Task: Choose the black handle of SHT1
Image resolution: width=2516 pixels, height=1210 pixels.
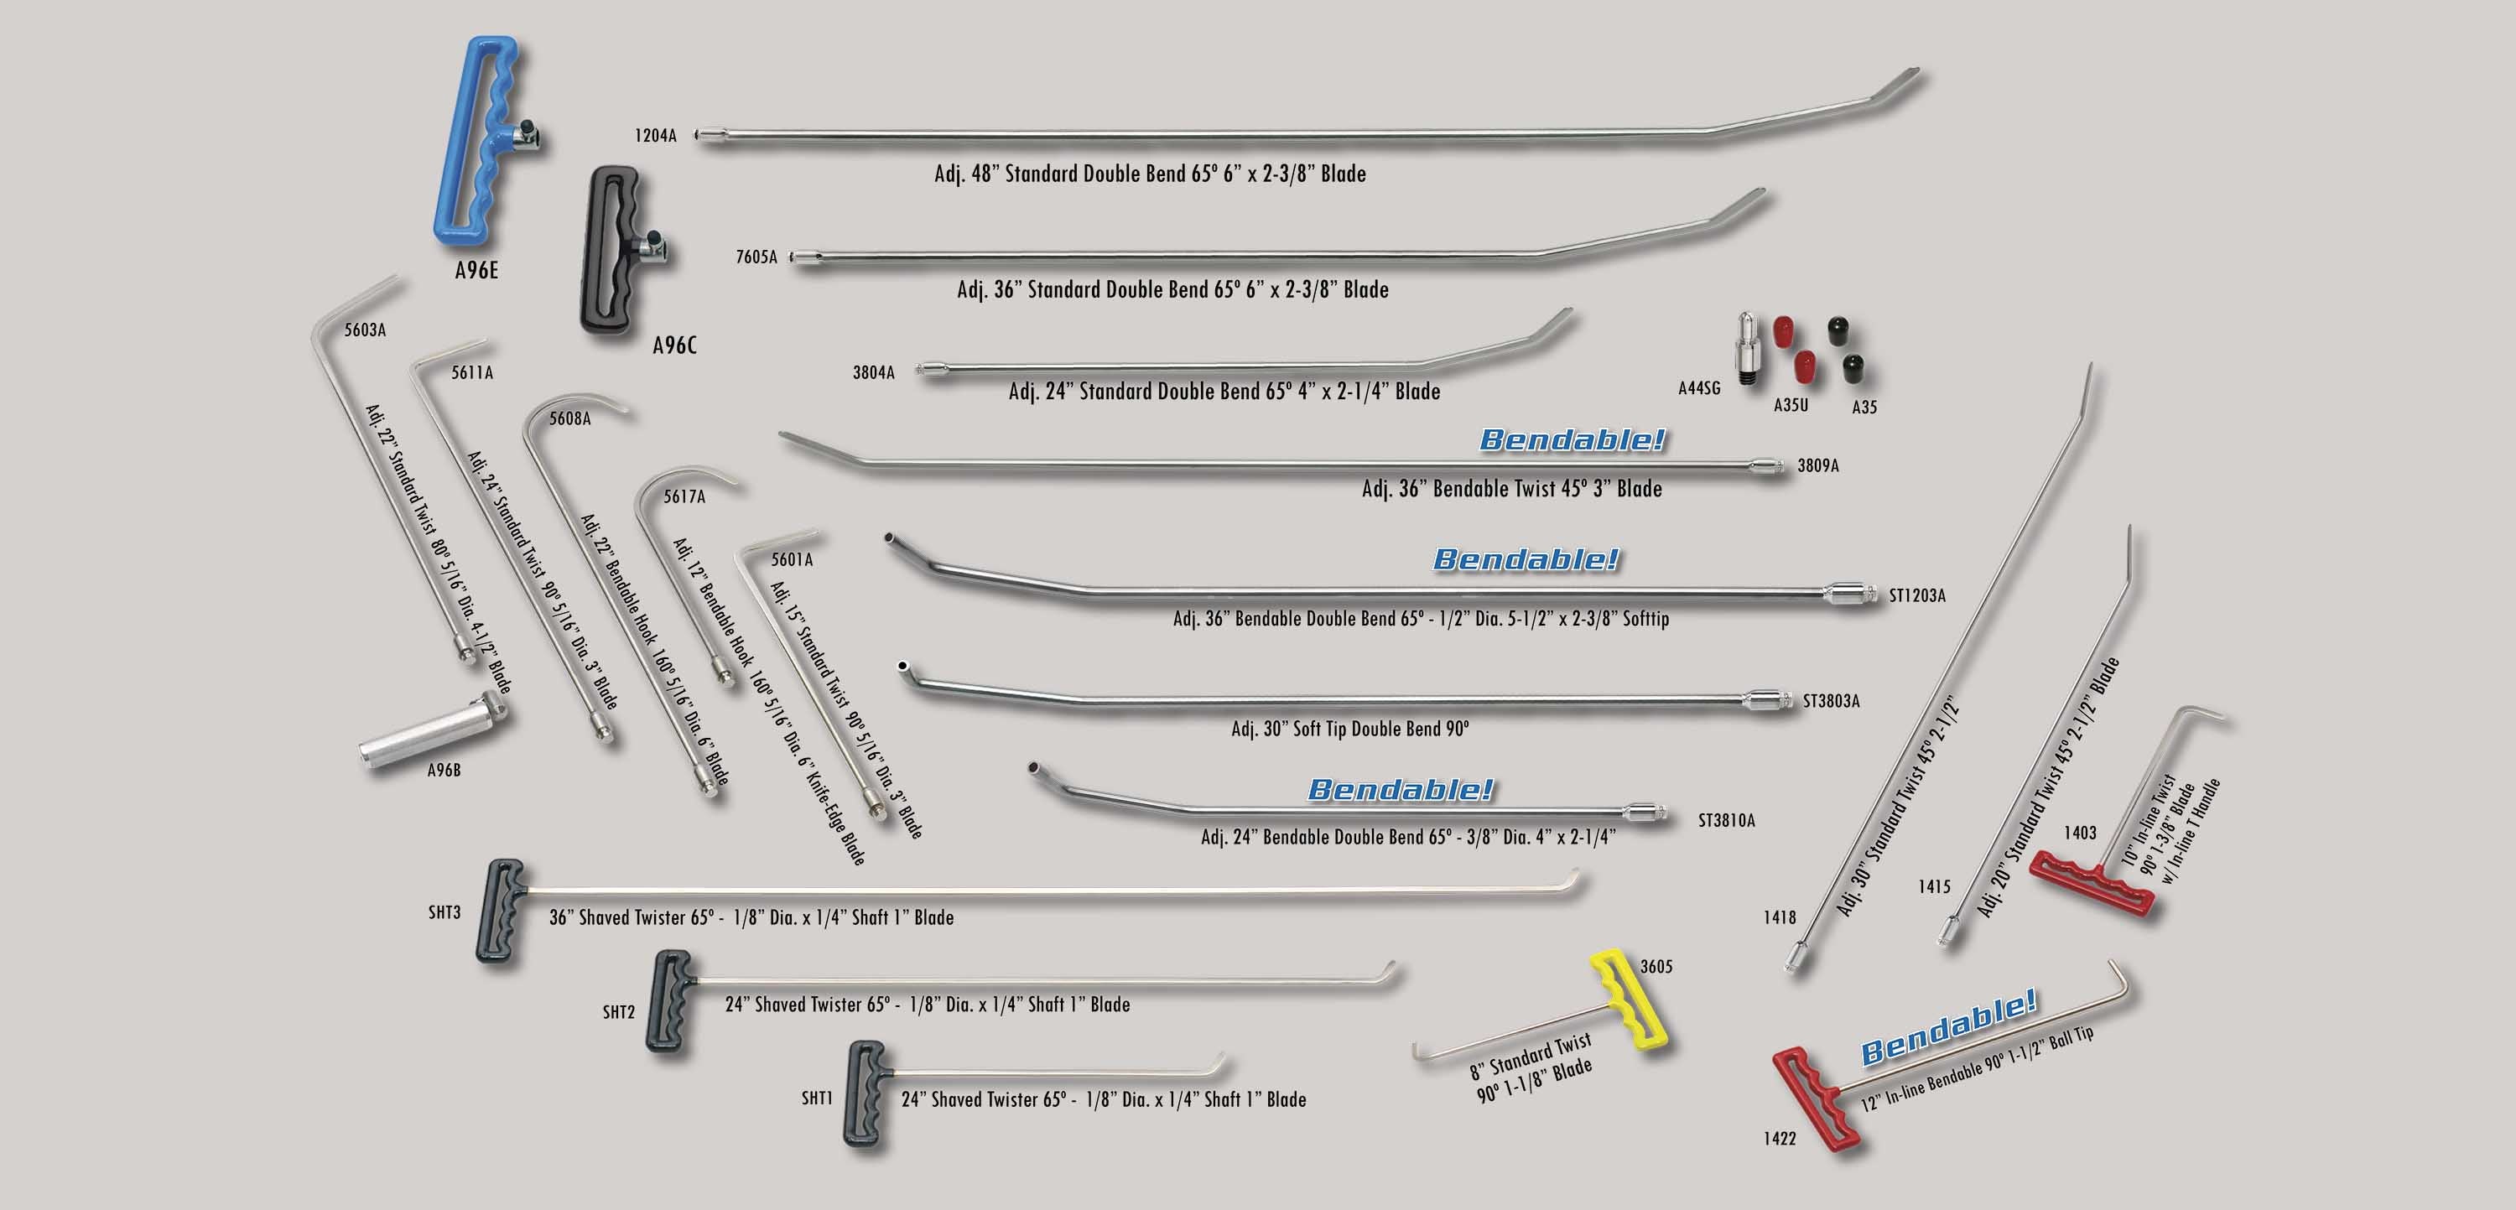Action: (x=865, y=1092)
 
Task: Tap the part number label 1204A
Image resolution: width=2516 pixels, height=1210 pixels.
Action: (x=655, y=136)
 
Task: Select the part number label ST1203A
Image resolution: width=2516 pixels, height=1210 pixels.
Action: (x=1916, y=595)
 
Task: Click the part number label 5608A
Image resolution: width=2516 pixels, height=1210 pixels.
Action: (x=569, y=419)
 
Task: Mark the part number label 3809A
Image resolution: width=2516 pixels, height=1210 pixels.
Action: (x=1817, y=466)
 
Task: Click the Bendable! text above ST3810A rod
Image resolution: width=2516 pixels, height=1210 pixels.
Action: (x=1401, y=789)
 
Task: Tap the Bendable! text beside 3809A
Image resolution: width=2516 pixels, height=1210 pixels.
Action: (x=1572, y=439)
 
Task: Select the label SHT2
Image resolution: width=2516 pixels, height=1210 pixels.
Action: (x=618, y=1012)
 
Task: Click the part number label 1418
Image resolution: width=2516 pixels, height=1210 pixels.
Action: (x=1780, y=917)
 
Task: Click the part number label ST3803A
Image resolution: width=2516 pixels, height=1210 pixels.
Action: (x=1832, y=701)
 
